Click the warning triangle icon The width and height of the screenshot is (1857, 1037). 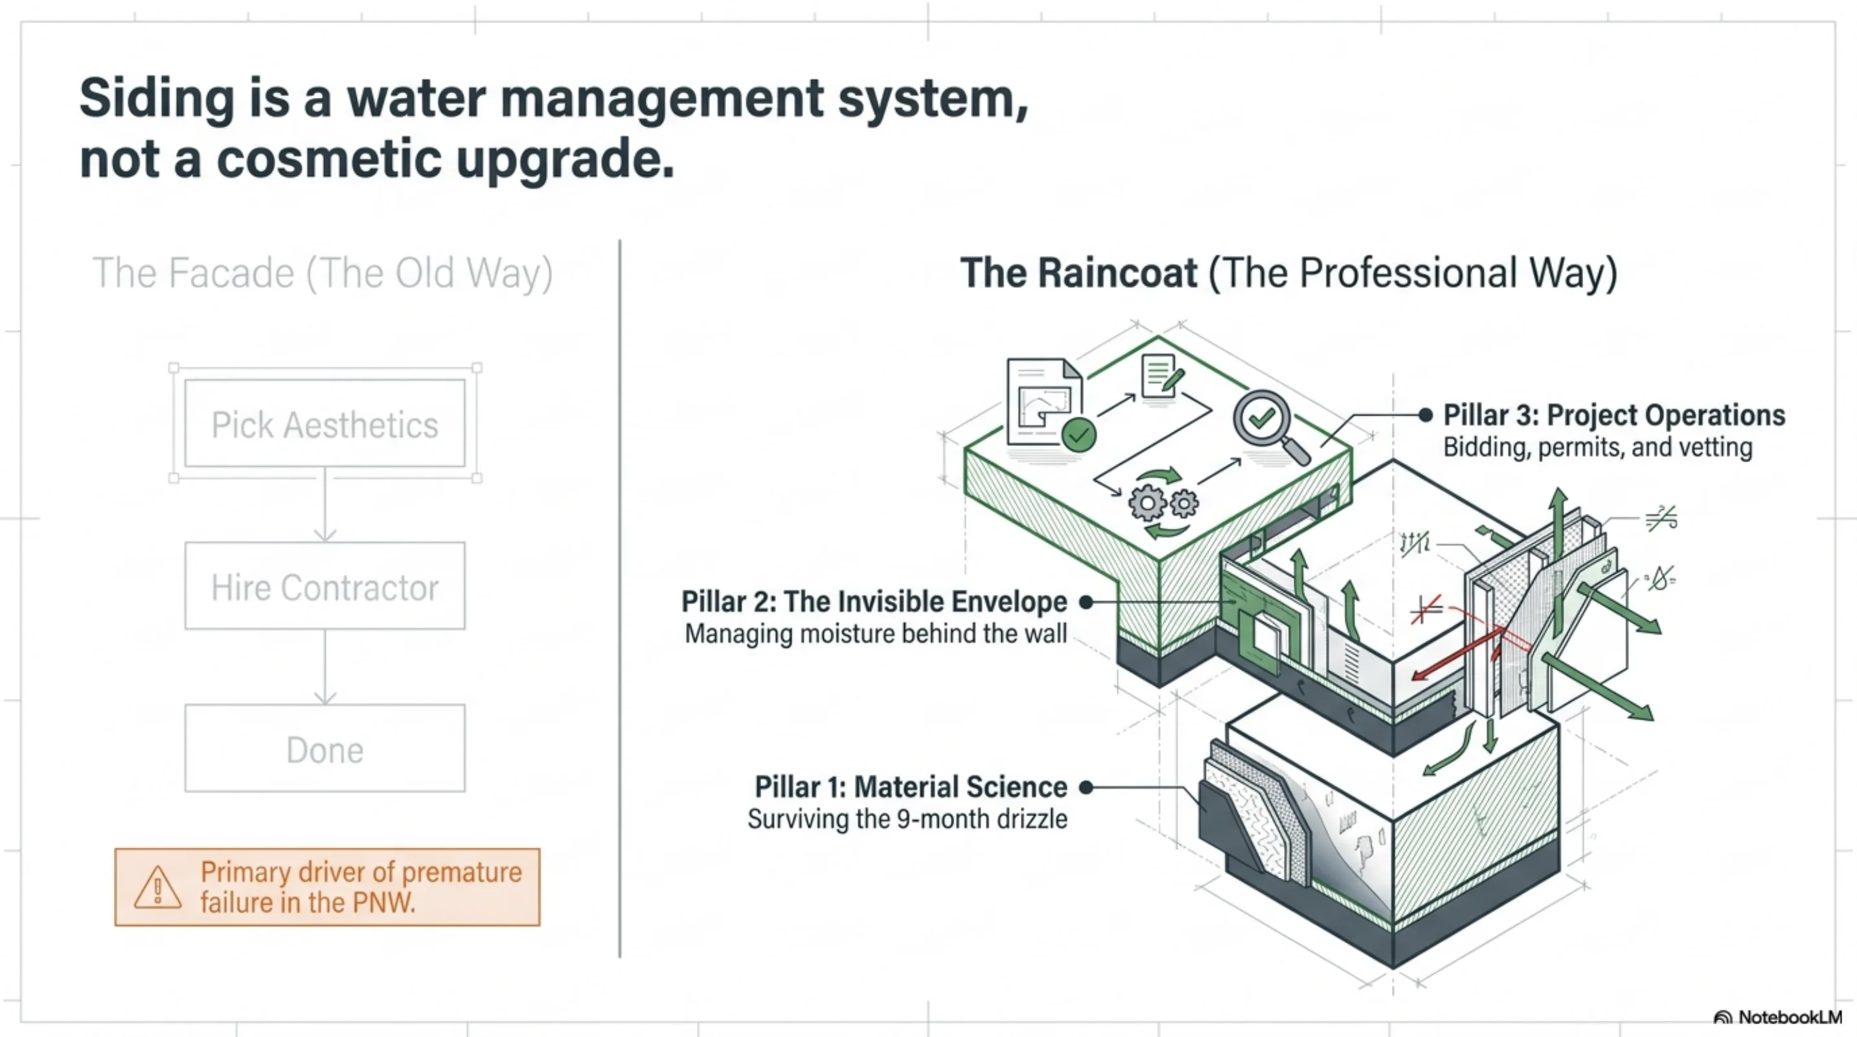tap(158, 887)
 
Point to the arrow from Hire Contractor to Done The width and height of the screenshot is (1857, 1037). tap(325, 667)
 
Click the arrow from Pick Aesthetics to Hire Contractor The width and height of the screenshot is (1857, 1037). tap(325, 505)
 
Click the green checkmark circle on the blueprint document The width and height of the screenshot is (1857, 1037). tap(1079, 435)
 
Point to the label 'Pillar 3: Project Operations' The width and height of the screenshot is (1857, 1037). tap(1614, 415)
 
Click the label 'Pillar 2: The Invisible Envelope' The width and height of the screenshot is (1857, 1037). tap(874, 601)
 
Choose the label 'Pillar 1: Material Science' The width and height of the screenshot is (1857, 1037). tap(911, 787)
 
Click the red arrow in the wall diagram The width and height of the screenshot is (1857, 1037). tap(1457, 654)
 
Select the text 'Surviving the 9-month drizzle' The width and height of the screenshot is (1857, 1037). tap(907, 819)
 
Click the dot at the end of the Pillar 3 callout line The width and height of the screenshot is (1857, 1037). tap(1425, 415)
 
